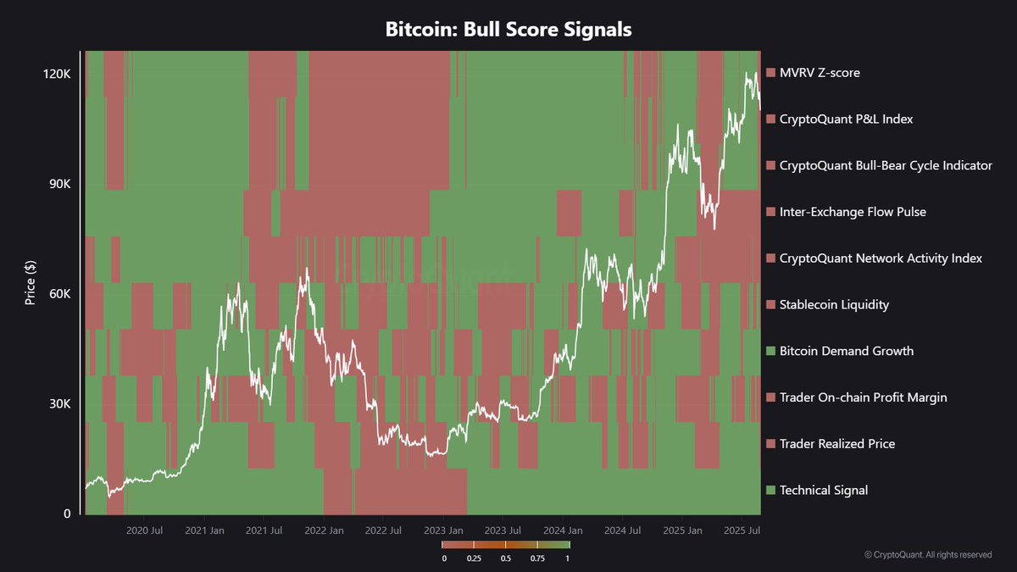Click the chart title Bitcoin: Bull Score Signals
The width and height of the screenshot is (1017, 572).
(508, 30)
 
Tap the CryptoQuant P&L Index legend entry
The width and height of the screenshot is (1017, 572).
(846, 119)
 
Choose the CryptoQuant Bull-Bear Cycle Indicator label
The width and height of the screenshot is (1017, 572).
(886, 165)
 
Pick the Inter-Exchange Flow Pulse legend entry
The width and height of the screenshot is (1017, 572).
(853, 212)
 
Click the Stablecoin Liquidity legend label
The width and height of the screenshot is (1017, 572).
(835, 304)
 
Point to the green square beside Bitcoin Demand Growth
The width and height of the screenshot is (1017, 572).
(770, 351)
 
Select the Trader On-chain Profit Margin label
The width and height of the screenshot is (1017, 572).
(863, 397)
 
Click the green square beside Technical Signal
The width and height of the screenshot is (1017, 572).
(770, 490)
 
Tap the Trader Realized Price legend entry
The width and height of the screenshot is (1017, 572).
(836, 444)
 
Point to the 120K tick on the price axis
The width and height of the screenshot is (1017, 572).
(57, 74)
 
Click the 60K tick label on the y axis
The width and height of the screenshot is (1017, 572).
(59, 294)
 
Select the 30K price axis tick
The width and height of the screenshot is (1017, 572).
(59, 404)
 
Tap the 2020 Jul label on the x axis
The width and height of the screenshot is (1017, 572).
(143, 530)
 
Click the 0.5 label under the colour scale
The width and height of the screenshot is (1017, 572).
(506, 558)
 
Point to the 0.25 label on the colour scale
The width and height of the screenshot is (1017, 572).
(475, 558)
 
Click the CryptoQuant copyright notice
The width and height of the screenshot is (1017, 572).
(928, 554)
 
